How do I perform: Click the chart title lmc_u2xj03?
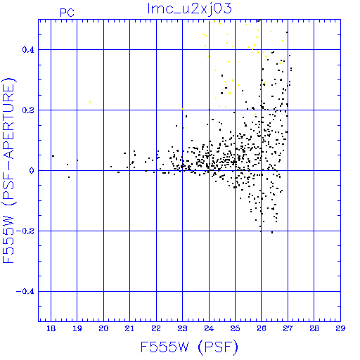pos(189,9)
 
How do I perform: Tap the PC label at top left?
pos(67,13)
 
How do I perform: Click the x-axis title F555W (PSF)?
pos(189,347)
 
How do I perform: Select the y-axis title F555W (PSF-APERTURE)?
pos(9,170)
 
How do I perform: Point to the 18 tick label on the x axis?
pos(51,328)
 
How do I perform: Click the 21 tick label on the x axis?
pos(129,328)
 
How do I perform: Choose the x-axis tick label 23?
pos(182,328)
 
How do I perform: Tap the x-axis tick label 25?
pos(235,328)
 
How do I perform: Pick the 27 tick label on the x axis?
pos(288,328)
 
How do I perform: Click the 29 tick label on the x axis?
pos(340,328)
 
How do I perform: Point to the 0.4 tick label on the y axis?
pos(28,50)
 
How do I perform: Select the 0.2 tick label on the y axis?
pos(28,110)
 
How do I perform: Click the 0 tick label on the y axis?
pos(32,171)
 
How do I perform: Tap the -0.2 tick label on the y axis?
pos(25,231)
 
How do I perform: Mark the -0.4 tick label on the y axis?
pos(25,292)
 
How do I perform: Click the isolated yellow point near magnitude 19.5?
pos(90,101)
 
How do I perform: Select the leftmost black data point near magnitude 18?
pos(53,156)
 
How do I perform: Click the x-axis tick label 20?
pos(103,328)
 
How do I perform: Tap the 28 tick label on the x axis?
pos(314,328)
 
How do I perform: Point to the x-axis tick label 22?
pos(156,328)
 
